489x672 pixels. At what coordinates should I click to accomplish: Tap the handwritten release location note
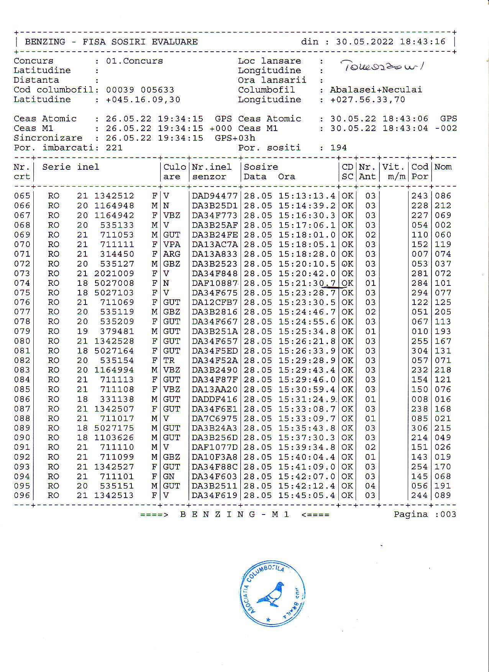[382, 66]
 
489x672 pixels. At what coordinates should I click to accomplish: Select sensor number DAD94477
[215, 196]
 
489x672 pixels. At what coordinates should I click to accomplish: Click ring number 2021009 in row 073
[114, 274]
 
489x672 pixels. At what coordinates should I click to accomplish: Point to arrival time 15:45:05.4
[307, 495]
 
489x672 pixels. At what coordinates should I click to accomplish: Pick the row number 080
[22, 341]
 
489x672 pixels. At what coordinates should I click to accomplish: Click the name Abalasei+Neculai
[376, 90]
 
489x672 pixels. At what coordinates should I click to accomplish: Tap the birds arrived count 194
[338, 148]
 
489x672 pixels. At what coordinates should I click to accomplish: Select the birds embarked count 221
[114, 148]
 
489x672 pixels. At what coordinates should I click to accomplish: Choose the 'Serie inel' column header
[71, 167]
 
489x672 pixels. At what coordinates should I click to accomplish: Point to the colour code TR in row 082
[169, 361]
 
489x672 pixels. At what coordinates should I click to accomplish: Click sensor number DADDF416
[215, 399]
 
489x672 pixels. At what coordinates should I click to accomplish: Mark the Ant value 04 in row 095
[370, 486]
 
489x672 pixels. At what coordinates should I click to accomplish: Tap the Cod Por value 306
[420, 428]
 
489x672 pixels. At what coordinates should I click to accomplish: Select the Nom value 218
[443, 370]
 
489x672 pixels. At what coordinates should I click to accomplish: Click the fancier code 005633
[157, 90]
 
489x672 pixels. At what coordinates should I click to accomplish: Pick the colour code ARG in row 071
[172, 254]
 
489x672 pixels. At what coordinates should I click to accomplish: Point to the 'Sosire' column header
[261, 167]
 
